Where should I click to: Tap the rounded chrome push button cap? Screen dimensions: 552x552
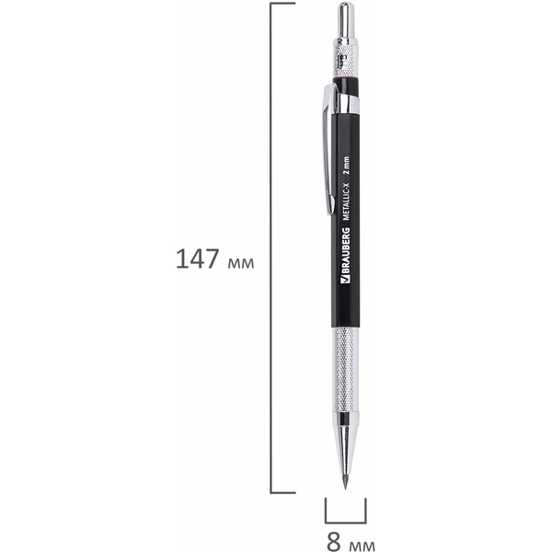point(346,20)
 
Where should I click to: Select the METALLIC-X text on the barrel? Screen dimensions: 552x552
point(346,202)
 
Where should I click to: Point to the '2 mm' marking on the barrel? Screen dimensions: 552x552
point(346,166)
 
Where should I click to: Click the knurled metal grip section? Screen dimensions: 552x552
point(346,370)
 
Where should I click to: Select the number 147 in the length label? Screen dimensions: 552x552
point(197,259)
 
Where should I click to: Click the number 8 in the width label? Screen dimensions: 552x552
point(333,542)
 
